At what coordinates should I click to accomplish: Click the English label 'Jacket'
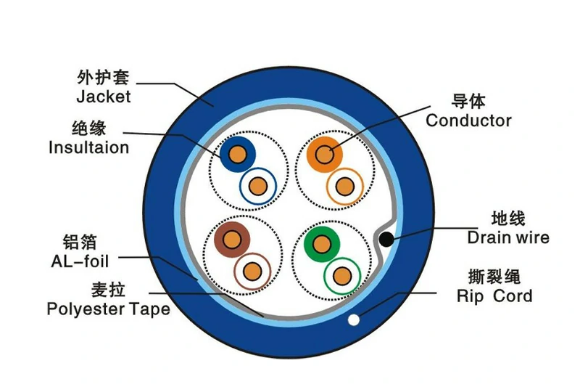click(103, 96)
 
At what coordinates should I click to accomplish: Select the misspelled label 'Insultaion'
click(88, 147)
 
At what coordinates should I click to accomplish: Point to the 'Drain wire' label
click(507, 237)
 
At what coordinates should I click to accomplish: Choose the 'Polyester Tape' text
click(108, 309)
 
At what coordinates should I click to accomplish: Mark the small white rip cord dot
click(354, 319)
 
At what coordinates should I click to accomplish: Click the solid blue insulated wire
click(237, 154)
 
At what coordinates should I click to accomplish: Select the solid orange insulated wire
click(323, 154)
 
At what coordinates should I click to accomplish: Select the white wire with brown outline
click(252, 272)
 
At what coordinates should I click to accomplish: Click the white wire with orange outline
click(344, 186)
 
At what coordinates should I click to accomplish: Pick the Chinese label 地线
click(507, 218)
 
